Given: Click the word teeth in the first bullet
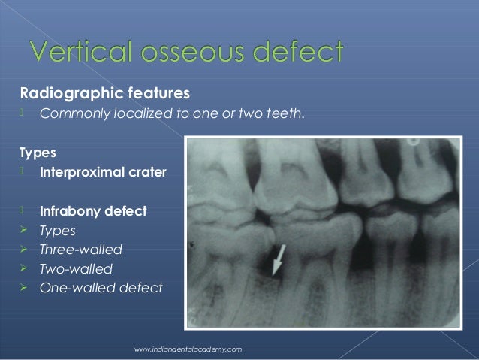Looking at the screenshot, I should pos(287,114).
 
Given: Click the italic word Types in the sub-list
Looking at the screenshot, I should pos(58,230).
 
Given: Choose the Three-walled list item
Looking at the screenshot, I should pos(81,249).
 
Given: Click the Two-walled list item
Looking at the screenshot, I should pos(77,268).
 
